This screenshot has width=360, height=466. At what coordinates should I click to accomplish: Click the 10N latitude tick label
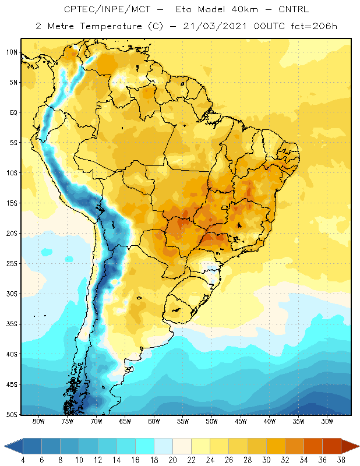(12, 52)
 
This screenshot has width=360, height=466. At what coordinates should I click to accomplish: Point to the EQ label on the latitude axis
(14, 112)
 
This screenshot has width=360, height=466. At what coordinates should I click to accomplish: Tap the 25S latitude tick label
(12, 264)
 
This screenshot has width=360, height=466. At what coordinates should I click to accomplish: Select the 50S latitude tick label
(12, 414)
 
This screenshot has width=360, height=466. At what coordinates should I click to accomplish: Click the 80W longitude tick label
(38, 421)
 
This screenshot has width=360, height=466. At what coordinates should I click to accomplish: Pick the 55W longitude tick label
(183, 421)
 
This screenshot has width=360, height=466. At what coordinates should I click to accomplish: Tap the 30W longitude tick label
(327, 421)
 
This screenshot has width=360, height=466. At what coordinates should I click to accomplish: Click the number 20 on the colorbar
(172, 460)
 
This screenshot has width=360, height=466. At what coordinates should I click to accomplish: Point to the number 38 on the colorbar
(341, 460)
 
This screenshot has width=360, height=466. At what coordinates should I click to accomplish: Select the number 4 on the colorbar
(23, 460)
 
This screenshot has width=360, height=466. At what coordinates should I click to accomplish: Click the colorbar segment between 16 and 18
(145, 446)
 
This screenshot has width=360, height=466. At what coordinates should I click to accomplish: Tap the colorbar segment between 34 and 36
(313, 446)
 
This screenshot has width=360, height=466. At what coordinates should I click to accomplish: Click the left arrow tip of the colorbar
(5, 446)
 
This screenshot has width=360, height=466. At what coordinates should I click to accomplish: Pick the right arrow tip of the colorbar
(359, 446)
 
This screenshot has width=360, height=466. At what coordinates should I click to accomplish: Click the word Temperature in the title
(111, 26)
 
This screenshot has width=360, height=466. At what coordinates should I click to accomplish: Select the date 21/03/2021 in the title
(214, 26)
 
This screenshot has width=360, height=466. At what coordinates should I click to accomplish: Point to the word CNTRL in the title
(294, 9)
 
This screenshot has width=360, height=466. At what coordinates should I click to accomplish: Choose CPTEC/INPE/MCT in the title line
(107, 9)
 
